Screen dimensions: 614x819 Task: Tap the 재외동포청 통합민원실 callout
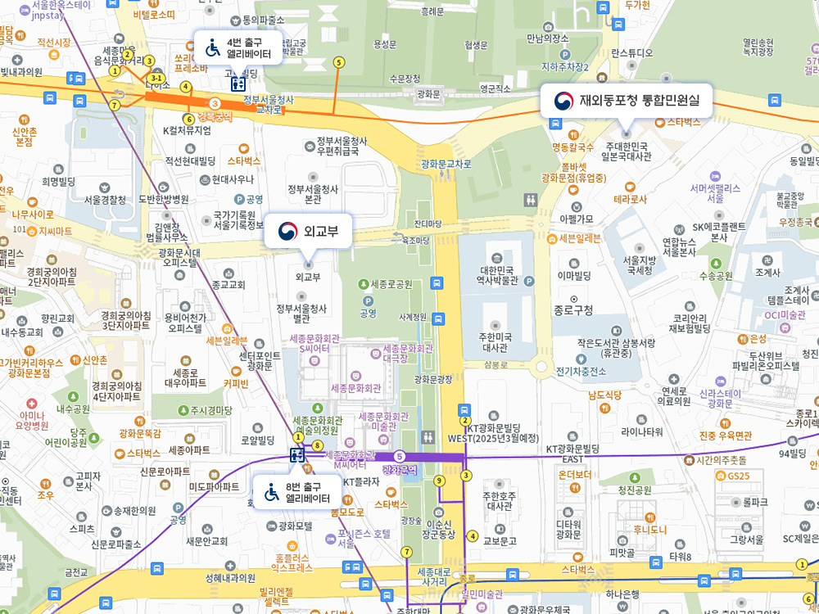[627, 102]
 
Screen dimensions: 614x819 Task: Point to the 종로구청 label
[574, 310]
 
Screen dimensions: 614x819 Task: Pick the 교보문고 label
[500, 540]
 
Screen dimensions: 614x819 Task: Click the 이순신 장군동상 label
[440, 529]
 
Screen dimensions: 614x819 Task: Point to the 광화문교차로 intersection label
[446, 164]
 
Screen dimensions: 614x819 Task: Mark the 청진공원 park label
[635, 490]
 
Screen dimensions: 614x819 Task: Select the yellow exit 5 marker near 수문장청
[339, 62]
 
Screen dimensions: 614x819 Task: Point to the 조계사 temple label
[767, 272]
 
